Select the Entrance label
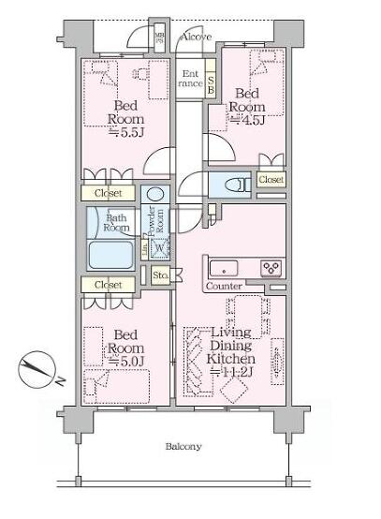tap(191, 79)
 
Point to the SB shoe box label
tap(212, 83)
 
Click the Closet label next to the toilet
tap(271, 179)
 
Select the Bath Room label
tap(116, 222)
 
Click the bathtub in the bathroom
tap(112, 255)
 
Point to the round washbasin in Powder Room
tap(155, 196)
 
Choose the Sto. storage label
tap(159, 275)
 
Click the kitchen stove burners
tap(271, 266)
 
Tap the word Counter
tap(224, 285)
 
